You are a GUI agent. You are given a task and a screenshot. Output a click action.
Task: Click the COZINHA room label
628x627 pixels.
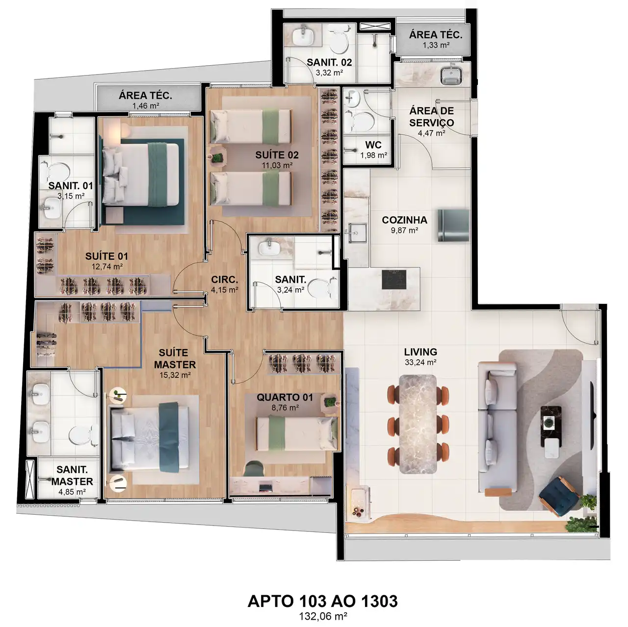point(404,220)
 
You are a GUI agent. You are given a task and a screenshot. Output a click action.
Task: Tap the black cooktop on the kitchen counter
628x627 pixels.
point(394,279)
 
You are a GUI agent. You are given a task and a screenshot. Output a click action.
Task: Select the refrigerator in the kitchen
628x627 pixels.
point(453,226)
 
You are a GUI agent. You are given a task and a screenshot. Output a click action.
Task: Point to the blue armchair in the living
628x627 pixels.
point(559,496)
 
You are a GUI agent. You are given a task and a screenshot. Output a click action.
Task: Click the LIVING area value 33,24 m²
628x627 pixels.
point(420,362)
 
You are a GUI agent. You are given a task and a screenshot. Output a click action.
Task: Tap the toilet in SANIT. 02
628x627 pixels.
point(339,43)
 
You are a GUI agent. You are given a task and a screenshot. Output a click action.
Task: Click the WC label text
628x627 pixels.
point(373,145)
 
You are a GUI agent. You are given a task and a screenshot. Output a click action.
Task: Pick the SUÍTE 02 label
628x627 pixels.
point(277,155)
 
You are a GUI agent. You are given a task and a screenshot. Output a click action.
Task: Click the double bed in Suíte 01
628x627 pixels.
point(141,175)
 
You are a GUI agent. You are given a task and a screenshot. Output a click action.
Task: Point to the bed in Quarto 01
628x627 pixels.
point(296,434)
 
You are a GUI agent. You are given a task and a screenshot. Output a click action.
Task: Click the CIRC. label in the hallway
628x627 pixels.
point(225,279)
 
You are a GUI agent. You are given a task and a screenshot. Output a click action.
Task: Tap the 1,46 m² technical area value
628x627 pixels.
point(146,106)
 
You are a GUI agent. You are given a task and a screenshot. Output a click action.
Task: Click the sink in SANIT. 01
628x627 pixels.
point(52,208)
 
